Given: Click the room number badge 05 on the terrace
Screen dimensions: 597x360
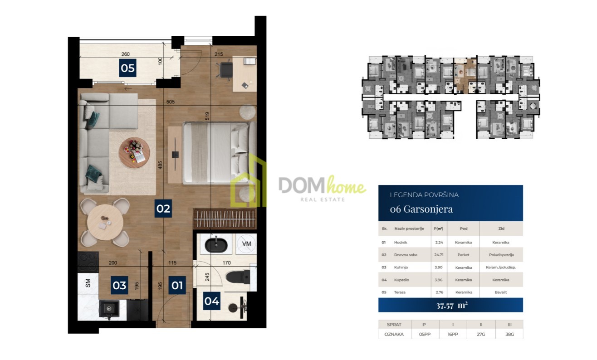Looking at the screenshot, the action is [x=127, y=68].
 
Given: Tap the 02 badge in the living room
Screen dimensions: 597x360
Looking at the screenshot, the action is [x=163, y=209].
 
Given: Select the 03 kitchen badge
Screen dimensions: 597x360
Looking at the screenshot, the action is [x=119, y=285].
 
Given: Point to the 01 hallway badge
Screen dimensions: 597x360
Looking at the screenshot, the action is [x=177, y=285].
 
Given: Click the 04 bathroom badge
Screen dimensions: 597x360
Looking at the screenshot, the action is [x=211, y=301].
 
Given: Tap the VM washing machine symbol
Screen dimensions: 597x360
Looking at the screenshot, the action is [x=246, y=244].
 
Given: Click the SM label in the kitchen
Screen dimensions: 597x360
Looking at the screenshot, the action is [x=88, y=283].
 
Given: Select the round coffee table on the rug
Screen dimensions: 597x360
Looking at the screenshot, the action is [x=134, y=153].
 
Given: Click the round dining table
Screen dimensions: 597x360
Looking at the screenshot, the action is [x=105, y=222].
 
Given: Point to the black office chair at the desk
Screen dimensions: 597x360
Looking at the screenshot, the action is [x=225, y=70].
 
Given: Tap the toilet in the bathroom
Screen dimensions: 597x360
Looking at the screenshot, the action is [x=238, y=277].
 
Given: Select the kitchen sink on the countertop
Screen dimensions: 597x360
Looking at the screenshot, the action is [x=109, y=309].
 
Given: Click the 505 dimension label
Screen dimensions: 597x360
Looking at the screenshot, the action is [x=170, y=102].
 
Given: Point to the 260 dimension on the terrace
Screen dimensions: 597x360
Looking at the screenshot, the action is [x=126, y=54].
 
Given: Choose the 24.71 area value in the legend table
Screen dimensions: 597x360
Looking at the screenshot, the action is [x=439, y=255].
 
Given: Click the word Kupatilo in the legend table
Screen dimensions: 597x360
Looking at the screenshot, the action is [x=401, y=280].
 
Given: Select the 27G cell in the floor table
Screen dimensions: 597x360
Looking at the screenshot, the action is [x=481, y=334].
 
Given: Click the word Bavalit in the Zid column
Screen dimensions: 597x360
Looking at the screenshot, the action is [x=501, y=292].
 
